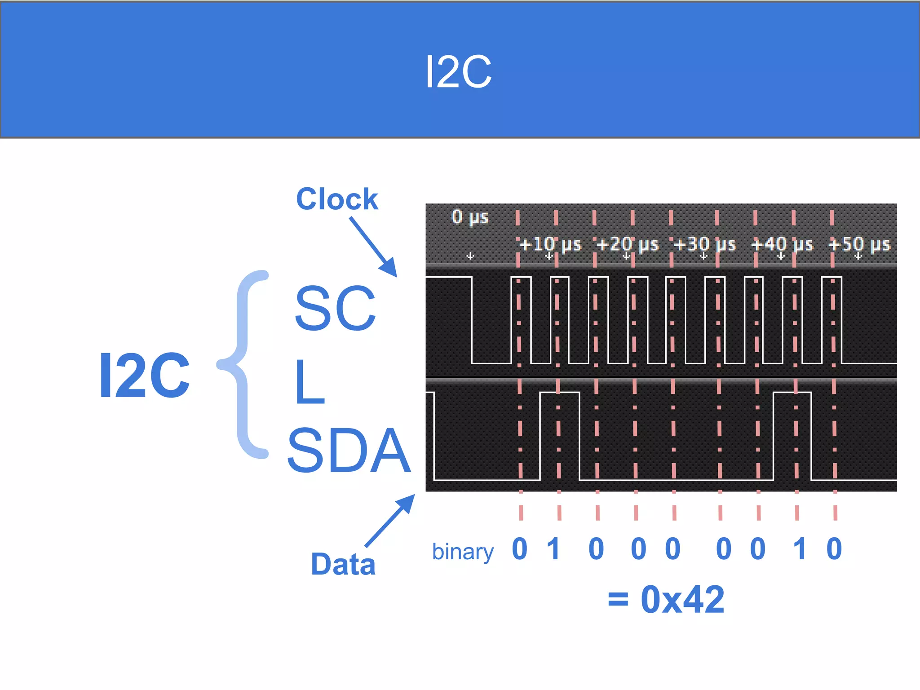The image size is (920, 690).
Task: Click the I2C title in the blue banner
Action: click(458, 72)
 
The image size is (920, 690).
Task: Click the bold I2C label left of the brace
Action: click(144, 376)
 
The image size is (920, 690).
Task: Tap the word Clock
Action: click(337, 199)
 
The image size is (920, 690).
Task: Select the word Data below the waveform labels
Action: click(343, 564)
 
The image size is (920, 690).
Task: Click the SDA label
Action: click(349, 451)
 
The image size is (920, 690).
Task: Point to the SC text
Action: click(335, 308)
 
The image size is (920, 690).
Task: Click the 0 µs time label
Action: click(469, 217)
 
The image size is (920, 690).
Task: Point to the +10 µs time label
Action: click(550, 245)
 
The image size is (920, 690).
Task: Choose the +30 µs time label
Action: click(704, 245)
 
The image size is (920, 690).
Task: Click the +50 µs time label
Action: click(859, 245)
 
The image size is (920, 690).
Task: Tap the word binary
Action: click(463, 552)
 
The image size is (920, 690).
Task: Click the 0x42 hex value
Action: click(682, 599)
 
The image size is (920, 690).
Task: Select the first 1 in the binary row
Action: click(554, 549)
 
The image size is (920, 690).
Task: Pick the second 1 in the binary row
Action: click(799, 549)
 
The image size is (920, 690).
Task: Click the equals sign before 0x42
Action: click(618, 599)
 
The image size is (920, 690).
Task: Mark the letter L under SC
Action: click(310, 382)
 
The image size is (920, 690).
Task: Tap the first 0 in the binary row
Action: click(520, 549)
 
